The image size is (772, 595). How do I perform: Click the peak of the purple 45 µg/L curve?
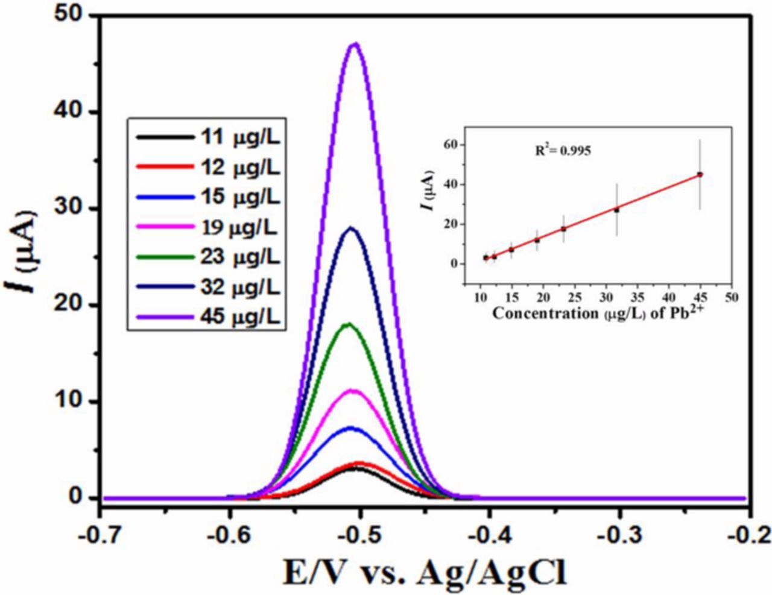(356, 44)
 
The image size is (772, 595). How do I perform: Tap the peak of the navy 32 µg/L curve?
(352, 228)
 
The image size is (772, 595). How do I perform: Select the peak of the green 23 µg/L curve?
(349, 324)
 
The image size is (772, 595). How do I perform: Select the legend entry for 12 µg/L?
(205, 167)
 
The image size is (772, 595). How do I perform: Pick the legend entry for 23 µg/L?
(205, 257)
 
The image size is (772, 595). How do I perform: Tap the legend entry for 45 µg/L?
(205, 316)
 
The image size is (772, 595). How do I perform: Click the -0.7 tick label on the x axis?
(101, 535)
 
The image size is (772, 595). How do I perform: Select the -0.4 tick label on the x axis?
(490, 535)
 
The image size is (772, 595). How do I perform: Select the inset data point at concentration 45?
(700, 174)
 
